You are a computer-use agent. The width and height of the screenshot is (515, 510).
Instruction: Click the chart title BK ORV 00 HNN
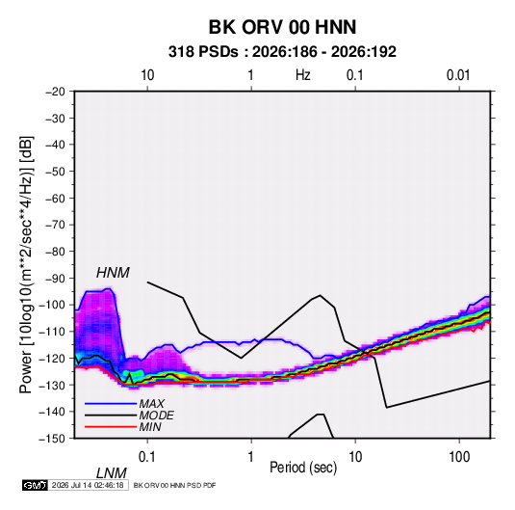pos(282,27)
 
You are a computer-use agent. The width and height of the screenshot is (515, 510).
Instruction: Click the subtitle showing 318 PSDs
pos(282,52)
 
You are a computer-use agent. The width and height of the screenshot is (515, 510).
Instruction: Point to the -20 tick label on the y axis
pos(55,92)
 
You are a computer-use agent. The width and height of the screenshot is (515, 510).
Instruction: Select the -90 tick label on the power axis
pos(55,279)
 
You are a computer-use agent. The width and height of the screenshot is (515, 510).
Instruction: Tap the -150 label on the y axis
pos(52,439)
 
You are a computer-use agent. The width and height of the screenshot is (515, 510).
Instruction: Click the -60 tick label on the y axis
pos(55,199)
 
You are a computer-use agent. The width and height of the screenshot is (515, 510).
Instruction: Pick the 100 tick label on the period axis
pos(459,457)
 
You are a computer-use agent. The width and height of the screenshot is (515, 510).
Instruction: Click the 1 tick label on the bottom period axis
pos(251,457)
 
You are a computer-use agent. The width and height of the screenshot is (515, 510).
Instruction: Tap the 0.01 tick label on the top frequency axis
pos(458,75)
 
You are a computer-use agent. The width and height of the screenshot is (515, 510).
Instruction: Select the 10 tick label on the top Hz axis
pos(147,75)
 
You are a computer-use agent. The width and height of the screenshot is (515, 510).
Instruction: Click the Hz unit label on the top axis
pos(303,75)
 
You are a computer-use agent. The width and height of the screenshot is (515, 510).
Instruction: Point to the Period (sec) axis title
pos(303,468)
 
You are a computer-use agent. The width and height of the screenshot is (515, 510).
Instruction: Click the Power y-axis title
pos(26,265)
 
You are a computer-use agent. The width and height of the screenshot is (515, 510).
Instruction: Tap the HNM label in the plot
pos(113,273)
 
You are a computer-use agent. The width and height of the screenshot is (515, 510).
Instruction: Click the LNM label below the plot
pos(111,473)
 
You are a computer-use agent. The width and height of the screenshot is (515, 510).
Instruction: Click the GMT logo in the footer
pos(35,485)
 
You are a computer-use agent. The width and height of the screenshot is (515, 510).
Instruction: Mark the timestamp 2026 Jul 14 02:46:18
pos(88,485)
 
